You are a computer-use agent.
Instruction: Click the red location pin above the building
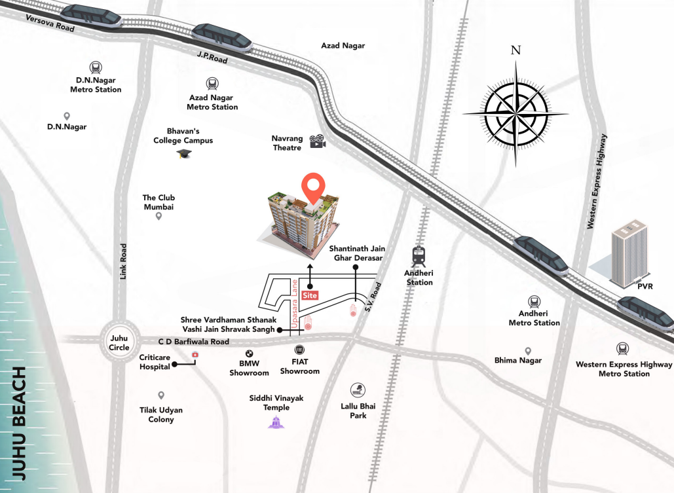tap(315, 187)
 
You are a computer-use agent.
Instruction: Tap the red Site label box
tap(310, 295)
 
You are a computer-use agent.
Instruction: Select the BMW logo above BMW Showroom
tap(249, 354)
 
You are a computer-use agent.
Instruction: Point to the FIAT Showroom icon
tap(300, 350)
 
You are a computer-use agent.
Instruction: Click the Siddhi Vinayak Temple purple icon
tap(276, 422)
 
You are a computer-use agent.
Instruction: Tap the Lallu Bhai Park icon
tap(358, 390)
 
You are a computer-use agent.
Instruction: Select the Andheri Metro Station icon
tap(534, 302)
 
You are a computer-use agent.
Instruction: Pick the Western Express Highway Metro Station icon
tap(623, 350)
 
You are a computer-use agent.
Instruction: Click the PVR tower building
tap(629, 253)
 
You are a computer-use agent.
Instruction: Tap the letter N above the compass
tap(515, 50)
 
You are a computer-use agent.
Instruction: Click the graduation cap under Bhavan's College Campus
tap(183, 154)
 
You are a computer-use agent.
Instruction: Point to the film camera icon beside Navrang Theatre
tap(318, 141)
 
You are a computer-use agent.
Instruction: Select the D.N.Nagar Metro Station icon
tap(96, 67)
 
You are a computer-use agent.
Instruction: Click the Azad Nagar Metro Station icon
tap(212, 84)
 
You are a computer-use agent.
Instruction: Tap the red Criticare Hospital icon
tap(195, 355)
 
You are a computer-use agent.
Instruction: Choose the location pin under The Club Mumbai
tap(159, 216)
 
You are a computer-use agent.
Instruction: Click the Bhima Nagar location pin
tap(528, 352)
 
